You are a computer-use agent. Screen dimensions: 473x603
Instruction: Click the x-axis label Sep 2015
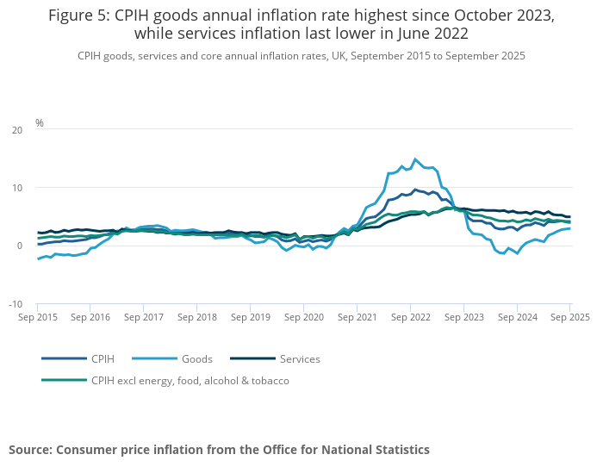pos(37,317)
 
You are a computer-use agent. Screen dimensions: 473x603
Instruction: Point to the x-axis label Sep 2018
pos(197,317)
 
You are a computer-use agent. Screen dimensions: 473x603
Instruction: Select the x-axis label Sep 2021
pos(357,317)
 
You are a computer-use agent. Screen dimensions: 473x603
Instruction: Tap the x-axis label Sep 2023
pos(463,317)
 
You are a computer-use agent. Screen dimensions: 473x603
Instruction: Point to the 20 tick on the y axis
pos(18,130)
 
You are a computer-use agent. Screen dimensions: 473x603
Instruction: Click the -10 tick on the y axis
pos(16,304)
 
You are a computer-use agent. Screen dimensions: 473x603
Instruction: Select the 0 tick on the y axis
pos(20,246)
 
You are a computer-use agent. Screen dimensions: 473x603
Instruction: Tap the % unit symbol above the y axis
pos(40,123)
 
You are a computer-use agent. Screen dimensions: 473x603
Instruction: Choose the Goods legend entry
pos(196,358)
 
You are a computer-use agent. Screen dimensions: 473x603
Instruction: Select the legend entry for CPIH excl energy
pos(190,380)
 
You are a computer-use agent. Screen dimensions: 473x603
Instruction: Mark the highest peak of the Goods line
pos(415,159)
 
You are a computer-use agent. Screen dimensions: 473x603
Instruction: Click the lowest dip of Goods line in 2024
pos(517,254)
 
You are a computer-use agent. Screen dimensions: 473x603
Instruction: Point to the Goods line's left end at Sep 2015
pos(38,258)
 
